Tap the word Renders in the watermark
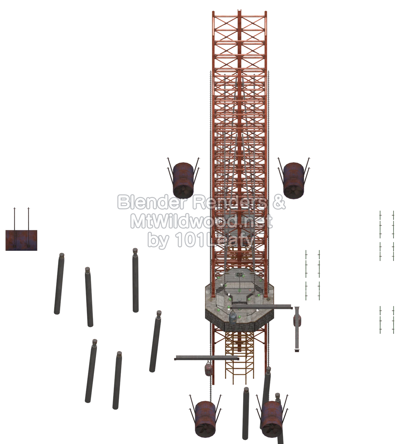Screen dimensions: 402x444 coord(230,202)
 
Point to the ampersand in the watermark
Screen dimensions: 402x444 coord(278,202)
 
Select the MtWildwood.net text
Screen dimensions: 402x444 coord(201,222)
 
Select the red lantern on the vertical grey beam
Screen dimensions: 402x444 coord(297,321)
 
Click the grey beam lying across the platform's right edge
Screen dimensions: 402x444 coord(261,307)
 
